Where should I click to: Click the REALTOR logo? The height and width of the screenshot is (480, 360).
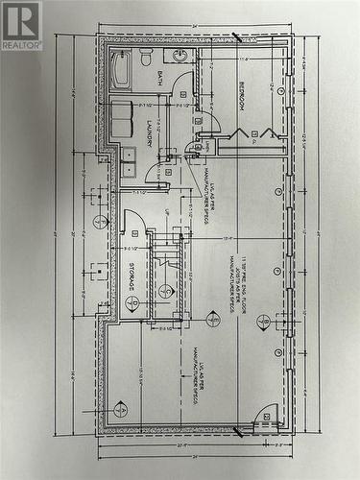click(21, 25)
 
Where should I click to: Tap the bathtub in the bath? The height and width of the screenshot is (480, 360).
click(120, 70)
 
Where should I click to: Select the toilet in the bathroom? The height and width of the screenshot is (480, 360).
click(146, 58)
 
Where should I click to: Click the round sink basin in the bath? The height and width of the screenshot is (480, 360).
click(180, 55)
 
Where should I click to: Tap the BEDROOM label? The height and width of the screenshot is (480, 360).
click(241, 95)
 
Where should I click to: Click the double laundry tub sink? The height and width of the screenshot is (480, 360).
click(128, 161)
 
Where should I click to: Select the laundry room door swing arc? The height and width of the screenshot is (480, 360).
click(156, 172)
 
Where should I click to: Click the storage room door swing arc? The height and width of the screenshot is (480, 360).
click(133, 221)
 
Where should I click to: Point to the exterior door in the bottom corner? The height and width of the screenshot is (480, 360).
click(267, 417)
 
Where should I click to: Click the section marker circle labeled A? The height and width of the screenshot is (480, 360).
click(120, 410)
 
